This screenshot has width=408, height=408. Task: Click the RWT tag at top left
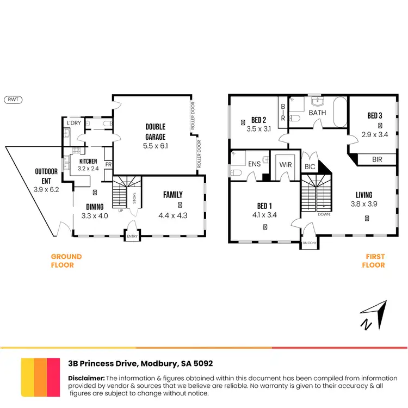click(14, 100)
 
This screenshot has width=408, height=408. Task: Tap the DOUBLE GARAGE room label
click(155, 132)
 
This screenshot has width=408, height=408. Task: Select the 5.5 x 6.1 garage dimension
click(155, 146)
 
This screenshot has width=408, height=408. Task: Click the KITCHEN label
click(88, 162)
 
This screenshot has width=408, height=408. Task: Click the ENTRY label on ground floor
click(132, 236)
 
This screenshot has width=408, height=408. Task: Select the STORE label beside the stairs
click(134, 198)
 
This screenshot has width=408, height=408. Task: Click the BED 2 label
click(258, 120)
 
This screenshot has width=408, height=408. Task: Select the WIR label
click(286, 164)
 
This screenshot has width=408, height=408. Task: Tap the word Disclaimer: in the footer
click(86, 378)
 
